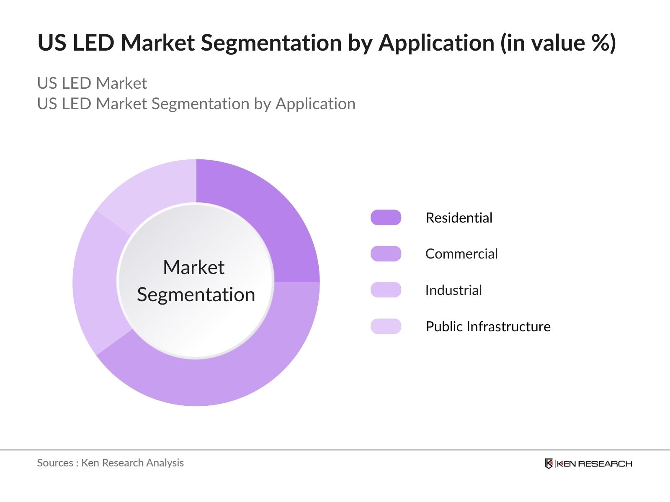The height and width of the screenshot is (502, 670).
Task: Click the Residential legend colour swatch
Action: tap(386, 218)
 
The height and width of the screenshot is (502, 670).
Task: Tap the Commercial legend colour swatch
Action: tap(386, 254)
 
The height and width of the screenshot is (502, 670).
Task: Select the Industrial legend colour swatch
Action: tap(386, 290)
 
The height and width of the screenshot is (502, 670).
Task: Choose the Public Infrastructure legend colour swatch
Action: tap(386, 326)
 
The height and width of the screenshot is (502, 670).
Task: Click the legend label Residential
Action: tap(459, 218)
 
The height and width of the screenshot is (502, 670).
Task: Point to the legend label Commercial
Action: tap(461, 254)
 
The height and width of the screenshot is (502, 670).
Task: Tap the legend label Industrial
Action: tap(454, 290)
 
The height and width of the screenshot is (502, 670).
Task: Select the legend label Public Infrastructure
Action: tap(488, 327)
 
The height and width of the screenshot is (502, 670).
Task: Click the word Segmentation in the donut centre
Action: tap(196, 295)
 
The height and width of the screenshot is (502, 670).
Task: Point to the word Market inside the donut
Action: tap(193, 267)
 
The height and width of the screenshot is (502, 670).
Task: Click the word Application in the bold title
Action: tap(436, 43)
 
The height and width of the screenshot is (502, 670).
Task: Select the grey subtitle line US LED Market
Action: tap(92, 83)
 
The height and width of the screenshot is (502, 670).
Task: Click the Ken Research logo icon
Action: tap(549, 464)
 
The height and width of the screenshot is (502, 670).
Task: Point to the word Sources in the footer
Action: tap(55, 463)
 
